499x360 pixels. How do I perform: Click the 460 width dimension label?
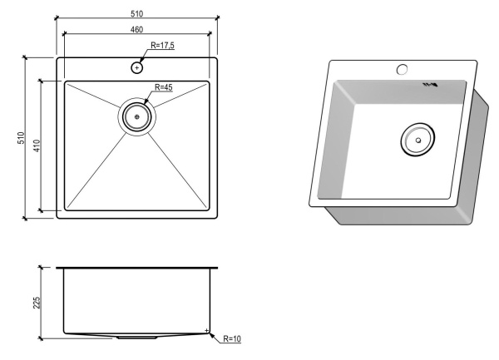click(137, 29)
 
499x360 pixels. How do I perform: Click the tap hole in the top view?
click(136, 67)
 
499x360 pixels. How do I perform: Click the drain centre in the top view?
click(137, 117)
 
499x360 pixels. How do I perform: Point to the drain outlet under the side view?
click(135, 338)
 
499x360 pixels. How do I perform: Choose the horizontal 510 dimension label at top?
click(137, 12)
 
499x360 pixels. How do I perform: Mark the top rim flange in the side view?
click(137, 269)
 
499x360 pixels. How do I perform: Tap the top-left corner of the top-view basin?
click(67, 83)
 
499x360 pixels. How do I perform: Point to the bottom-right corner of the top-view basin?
click(208, 209)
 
